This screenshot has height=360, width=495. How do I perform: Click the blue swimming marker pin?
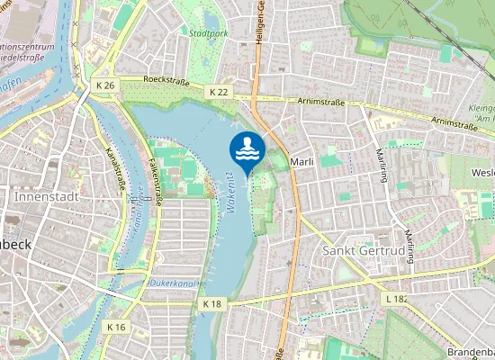pyautogui.click(x=247, y=150)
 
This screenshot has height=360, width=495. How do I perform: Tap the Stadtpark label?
pyautogui.click(x=208, y=33)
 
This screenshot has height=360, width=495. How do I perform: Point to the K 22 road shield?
pyautogui.click(x=218, y=92)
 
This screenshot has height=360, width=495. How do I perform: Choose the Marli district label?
pyautogui.click(x=301, y=161)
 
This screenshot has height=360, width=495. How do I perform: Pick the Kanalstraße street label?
pyautogui.click(x=113, y=166)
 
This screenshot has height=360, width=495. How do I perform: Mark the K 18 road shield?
pyautogui.click(x=211, y=304)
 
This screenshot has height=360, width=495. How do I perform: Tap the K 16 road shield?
pyautogui.click(x=116, y=327)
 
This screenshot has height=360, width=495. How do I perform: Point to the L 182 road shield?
pyautogui.click(x=397, y=298)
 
